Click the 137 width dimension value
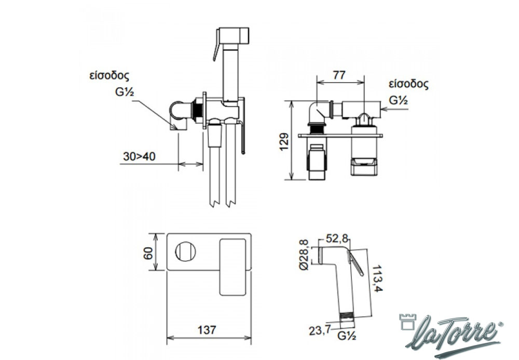[207, 330]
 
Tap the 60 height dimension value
[148, 253]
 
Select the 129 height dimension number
[284, 142]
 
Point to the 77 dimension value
[339, 75]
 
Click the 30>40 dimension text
[139, 156]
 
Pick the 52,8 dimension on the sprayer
[337, 238]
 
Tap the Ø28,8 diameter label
[304, 255]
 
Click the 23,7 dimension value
[320, 330]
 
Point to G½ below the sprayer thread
[347, 336]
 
